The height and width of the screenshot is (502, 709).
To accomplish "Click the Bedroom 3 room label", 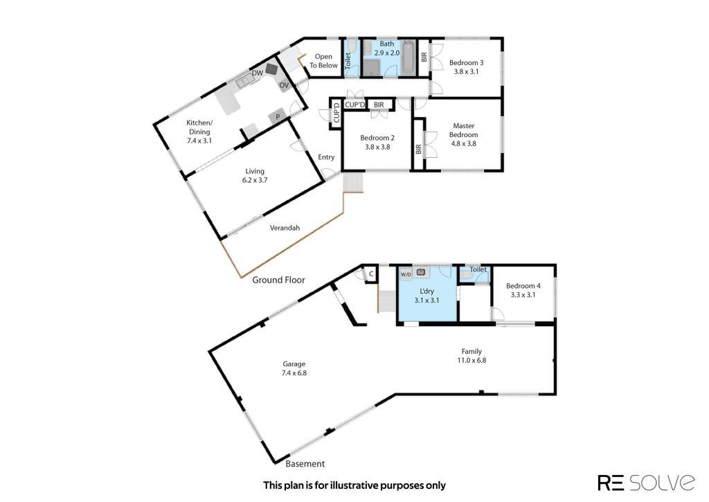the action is [466, 63].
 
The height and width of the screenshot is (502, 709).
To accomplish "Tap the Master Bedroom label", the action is [463, 130].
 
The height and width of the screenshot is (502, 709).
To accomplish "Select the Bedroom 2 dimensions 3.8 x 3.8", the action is [377, 147].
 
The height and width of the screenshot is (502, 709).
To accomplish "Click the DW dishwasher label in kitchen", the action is [258, 73].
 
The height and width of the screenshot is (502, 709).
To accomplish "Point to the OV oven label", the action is [283, 85].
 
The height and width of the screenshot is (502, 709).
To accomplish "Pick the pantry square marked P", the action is [278, 117].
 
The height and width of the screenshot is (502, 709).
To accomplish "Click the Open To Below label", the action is [323, 61].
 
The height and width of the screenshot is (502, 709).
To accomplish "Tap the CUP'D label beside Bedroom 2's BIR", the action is [355, 105].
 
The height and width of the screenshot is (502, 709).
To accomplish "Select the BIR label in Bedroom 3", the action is [424, 57].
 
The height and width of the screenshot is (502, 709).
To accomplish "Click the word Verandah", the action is [285, 228].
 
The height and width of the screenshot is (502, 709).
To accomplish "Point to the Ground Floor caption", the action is [278, 280].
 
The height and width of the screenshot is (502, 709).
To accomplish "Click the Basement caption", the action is [305, 463].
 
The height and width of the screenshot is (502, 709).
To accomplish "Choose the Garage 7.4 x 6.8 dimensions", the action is [294, 373].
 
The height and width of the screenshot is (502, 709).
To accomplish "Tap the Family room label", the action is [472, 352].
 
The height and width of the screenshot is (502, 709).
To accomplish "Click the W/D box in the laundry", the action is [406, 274].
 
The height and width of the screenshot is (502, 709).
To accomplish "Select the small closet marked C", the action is [371, 274].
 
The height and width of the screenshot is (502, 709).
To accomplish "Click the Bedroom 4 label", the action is [523, 286].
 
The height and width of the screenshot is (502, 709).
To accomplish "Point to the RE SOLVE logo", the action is [647, 482].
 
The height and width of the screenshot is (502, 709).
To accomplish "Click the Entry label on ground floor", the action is [326, 157].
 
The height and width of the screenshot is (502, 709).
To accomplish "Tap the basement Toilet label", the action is [478, 269].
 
